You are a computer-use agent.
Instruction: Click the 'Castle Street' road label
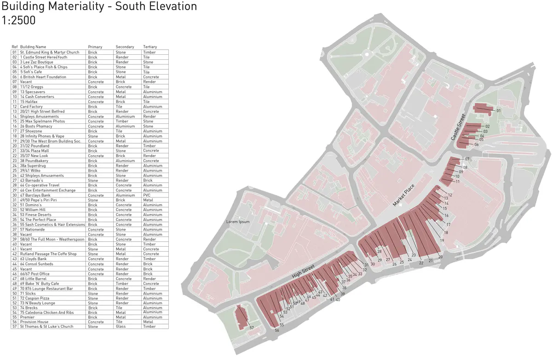coord(459,128)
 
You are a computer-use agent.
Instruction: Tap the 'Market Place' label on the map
coord(404,195)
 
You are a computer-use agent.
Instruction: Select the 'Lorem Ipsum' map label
coord(238,221)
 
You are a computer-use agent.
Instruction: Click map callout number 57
coord(252,327)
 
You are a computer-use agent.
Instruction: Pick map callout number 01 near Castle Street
coord(499,110)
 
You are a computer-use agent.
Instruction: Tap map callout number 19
coord(442,241)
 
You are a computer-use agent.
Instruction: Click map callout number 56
coord(277,330)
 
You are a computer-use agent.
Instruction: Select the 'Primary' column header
coord(95,47)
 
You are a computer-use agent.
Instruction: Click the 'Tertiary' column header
coord(149,47)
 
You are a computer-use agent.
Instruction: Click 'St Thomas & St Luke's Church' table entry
coord(46,326)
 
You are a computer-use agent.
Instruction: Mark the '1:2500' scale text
coord(19,21)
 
